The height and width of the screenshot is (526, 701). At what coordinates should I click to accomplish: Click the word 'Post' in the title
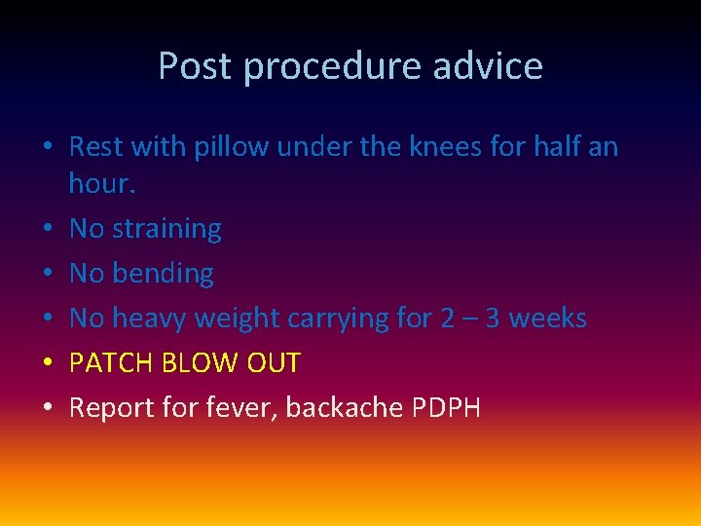click(x=196, y=66)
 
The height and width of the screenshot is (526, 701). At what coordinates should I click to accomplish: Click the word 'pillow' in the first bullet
click(x=229, y=148)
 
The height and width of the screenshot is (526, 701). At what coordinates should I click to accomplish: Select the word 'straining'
click(x=166, y=229)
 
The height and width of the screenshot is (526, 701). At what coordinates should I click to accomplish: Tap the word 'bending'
click(x=163, y=274)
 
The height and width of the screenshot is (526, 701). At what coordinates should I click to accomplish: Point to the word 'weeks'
click(x=547, y=319)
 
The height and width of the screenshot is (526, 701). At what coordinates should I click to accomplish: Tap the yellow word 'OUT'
click(x=276, y=363)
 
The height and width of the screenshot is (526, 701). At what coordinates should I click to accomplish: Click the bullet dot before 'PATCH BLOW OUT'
click(x=48, y=364)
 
